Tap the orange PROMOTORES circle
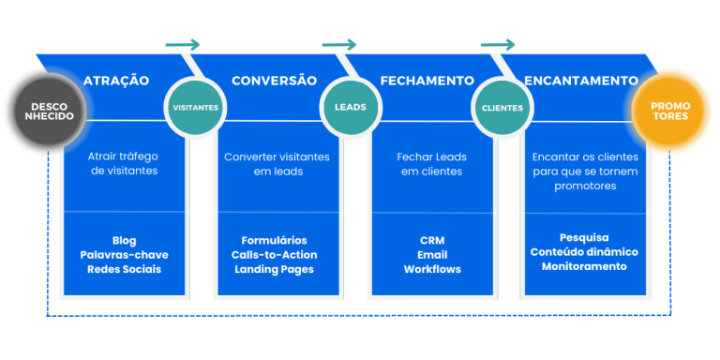[x=670, y=111]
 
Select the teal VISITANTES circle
[x=196, y=107]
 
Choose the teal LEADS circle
[x=351, y=107]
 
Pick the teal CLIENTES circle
[x=502, y=107]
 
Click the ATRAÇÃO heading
[x=116, y=81]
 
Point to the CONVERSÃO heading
[x=274, y=81]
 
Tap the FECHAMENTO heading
[x=425, y=81]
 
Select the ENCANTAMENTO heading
[x=582, y=81]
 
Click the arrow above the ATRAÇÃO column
[x=183, y=44]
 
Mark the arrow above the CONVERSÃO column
[x=339, y=44]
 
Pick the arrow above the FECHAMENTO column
[x=498, y=44]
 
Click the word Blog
[x=124, y=241]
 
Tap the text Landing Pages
[x=274, y=269]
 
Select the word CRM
[x=432, y=241]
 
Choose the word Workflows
[x=432, y=269]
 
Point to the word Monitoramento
[x=584, y=266]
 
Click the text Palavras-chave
[x=124, y=255]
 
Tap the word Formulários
[x=274, y=241]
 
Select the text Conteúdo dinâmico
[x=584, y=252]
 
